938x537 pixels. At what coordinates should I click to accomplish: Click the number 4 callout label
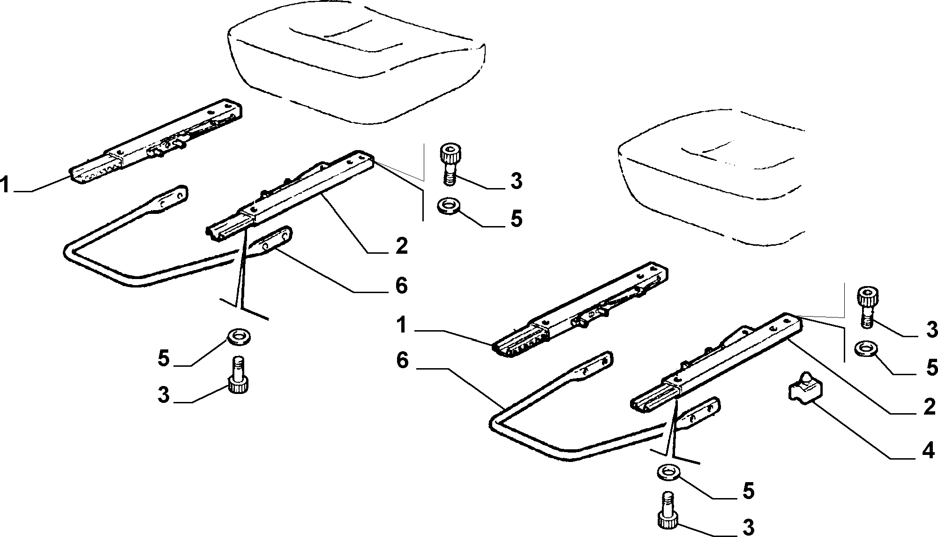pyautogui.click(x=927, y=451)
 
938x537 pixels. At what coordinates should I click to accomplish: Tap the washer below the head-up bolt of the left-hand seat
pyautogui.click(x=448, y=206)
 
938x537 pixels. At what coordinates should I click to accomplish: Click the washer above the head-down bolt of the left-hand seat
pyautogui.click(x=238, y=337)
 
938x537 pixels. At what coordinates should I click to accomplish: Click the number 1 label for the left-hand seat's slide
pyautogui.click(x=6, y=184)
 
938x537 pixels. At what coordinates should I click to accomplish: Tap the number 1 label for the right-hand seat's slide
pyautogui.click(x=401, y=325)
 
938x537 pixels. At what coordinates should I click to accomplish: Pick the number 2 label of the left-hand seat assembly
pyautogui.click(x=401, y=246)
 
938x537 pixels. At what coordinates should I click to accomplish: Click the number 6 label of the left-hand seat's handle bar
pyautogui.click(x=401, y=286)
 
